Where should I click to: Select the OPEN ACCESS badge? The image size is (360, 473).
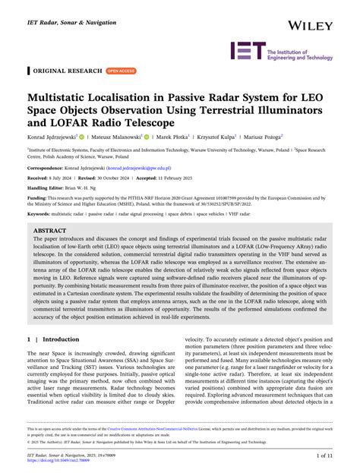[122, 71]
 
